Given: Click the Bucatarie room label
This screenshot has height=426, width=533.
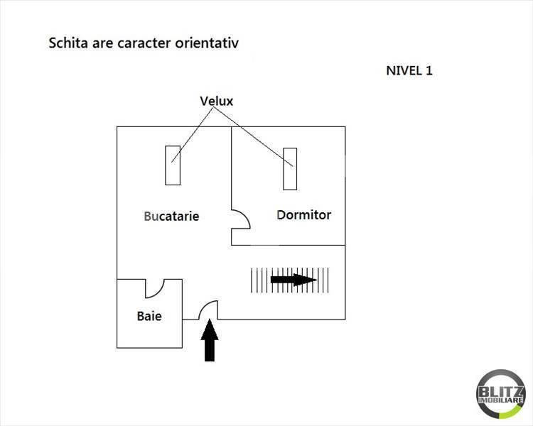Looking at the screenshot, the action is (x=171, y=216).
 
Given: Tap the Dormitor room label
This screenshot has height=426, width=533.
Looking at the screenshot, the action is (x=304, y=214).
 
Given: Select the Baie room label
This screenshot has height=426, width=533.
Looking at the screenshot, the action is (x=149, y=316).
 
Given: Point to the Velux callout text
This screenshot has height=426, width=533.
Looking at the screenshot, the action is (x=217, y=101).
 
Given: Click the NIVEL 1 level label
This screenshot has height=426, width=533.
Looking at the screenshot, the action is (x=409, y=71).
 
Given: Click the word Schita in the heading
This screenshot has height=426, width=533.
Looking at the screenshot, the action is (x=68, y=43).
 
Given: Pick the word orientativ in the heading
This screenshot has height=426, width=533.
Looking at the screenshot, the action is (x=207, y=43).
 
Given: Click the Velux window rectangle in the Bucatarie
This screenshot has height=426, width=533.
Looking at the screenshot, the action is (x=173, y=165).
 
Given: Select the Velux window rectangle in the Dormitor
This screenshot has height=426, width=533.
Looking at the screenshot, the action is (x=290, y=169).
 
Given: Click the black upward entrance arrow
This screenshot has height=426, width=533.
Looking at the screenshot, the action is (x=210, y=340).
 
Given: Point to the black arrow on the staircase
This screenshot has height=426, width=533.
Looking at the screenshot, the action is (x=294, y=280).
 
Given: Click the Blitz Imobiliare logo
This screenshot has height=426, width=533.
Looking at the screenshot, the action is (x=501, y=394).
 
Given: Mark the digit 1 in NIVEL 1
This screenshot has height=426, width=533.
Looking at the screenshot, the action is (x=429, y=71).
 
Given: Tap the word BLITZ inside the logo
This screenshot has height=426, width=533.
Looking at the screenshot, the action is (x=501, y=391).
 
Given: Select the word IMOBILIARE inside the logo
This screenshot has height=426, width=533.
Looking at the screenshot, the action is (x=501, y=400).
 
